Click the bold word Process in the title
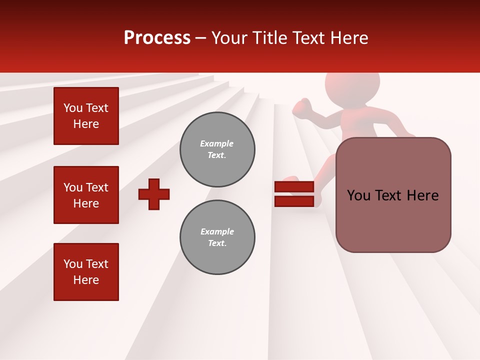[157, 38]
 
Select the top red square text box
[86, 116]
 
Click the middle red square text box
[86, 195]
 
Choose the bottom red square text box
[86, 272]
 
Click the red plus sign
[154, 194]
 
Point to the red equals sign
[294, 194]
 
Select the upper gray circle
[217, 149]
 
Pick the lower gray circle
[217, 237]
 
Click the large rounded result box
[393, 195]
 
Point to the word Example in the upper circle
[216, 143]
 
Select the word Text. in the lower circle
[217, 243]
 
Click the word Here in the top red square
[86, 124]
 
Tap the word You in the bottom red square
[73, 264]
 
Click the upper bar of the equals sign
[294, 186]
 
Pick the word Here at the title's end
[348, 38]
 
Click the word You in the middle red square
[73, 187]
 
